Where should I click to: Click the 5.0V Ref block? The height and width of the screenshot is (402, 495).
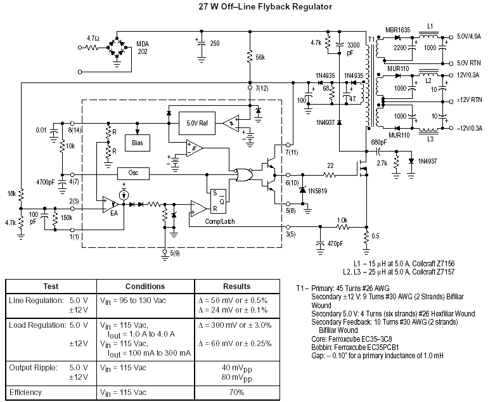[197, 123]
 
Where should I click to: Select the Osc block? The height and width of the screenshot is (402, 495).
[133, 173]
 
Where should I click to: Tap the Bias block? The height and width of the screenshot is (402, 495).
[138, 143]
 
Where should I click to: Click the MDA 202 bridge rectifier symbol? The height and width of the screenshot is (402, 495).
[117, 48]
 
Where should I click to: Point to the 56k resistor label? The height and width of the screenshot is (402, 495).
[260, 58]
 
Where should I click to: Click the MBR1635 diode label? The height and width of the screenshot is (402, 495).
[398, 30]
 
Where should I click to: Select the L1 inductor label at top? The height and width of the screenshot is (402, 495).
[430, 26]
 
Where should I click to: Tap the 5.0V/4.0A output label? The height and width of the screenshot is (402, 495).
[469, 36]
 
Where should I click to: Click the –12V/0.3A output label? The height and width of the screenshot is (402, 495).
[469, 128]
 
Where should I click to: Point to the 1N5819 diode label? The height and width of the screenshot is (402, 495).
[318, 191]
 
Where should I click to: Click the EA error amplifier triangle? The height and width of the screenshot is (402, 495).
[110, 204]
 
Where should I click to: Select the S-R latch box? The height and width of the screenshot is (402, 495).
[219, 201]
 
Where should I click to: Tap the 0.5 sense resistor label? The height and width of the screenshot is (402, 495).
[375, 237]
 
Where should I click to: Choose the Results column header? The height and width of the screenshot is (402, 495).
[237, 287]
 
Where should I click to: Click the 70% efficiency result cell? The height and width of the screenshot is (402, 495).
[237, 392]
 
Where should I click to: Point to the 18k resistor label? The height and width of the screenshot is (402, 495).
[11, 193]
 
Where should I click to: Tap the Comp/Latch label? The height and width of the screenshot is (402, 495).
[220, 221]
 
